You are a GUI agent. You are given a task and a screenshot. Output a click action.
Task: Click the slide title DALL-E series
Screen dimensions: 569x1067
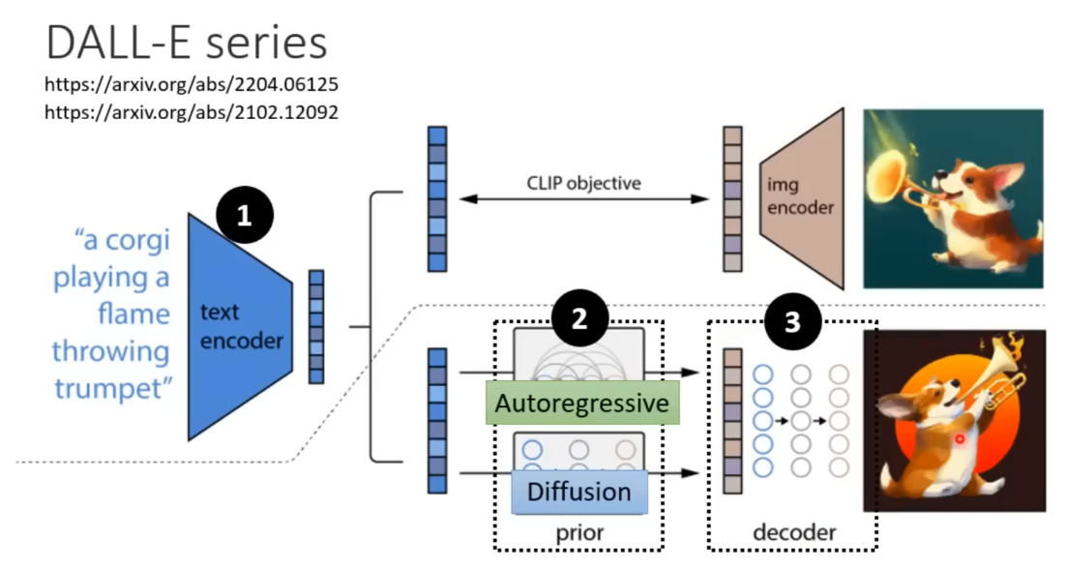187,44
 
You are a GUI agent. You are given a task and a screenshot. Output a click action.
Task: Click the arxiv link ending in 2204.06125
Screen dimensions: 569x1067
192,85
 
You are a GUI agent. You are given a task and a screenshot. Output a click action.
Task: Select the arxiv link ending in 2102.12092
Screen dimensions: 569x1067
192,111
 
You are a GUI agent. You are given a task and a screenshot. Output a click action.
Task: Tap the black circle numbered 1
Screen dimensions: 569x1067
244,215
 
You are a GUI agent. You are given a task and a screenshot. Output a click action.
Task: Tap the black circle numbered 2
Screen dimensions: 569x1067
579,320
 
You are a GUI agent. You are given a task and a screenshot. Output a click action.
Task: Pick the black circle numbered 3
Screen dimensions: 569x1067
792,321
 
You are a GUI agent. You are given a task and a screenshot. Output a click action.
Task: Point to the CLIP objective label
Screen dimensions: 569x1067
583,181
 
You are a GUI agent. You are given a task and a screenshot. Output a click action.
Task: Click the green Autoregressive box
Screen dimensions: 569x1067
582,403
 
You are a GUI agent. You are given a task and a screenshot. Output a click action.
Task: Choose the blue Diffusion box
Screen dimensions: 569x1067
578,492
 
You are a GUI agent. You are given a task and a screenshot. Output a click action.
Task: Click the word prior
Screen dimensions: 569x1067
578,532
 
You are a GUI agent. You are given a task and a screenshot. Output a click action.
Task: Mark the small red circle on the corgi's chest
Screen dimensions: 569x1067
960,438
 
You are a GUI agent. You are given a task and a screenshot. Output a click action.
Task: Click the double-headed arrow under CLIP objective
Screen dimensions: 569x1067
583,199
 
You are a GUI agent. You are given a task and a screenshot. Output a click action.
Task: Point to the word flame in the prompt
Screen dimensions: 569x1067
134,314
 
